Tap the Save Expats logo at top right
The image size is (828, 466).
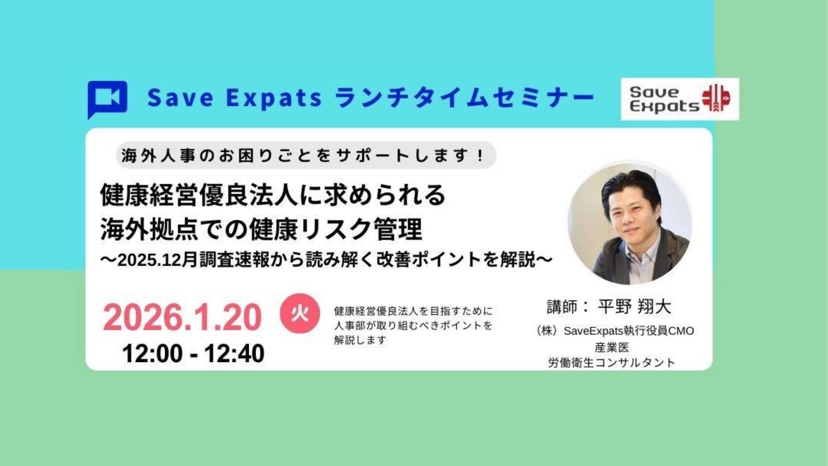[x=680, y=99]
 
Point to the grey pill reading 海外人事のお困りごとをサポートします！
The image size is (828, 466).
[x=307, y=155]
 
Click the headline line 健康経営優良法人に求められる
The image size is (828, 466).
[x=273, y=195]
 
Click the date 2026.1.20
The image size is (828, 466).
[x=182, y=317]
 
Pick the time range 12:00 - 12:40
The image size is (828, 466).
[x=194, y=354]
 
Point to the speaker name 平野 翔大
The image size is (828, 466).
[x=635, y=307]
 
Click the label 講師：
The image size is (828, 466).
[x=568, y=307]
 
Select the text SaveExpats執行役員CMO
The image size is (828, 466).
[x=629, y=331]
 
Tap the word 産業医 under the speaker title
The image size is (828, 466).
[x=612, y=347]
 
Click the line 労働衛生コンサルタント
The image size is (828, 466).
[x=612, y=362]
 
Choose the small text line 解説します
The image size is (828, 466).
[x=360, y=340]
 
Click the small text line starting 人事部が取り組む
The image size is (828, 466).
[x=413, y=325]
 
